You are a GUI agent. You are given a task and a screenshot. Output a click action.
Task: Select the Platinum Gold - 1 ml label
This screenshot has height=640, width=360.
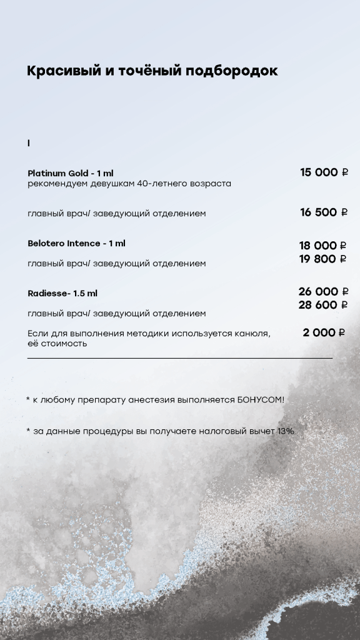[x=71, y=173]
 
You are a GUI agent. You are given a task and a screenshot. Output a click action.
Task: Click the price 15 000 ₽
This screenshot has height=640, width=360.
[x=324, y=172]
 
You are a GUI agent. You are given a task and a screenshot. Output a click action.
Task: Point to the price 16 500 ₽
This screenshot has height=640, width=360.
[x=324, y=212]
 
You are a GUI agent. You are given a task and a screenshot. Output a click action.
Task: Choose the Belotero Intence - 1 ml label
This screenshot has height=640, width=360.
[x=76, y=243]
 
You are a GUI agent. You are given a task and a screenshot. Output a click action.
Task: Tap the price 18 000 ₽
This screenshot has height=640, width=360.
[x=322, y=246]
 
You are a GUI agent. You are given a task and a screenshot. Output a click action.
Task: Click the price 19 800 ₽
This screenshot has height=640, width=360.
[x=322, y=259]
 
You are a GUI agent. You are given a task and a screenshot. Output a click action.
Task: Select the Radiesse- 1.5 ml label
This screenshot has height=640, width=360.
[x=62, y=293]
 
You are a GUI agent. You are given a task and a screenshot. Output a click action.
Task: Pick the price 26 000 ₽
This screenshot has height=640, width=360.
[x=323, y=292]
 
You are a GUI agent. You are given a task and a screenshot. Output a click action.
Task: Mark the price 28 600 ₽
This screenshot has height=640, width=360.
[x=323, y=305]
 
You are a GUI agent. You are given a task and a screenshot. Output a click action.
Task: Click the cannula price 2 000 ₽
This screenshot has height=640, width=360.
[x=324, y=332]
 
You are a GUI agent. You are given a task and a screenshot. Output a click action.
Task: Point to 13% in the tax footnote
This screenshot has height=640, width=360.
[x=286, y=431]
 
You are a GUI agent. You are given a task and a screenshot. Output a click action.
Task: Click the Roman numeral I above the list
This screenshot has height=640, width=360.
[x=29, y=144]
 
